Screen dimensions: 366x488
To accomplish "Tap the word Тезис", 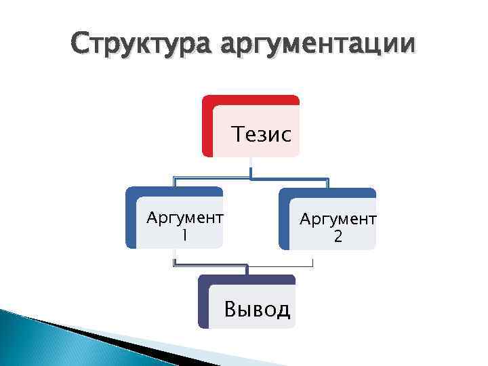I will click(262, 134).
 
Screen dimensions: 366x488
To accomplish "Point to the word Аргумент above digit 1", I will click(185, 218).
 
